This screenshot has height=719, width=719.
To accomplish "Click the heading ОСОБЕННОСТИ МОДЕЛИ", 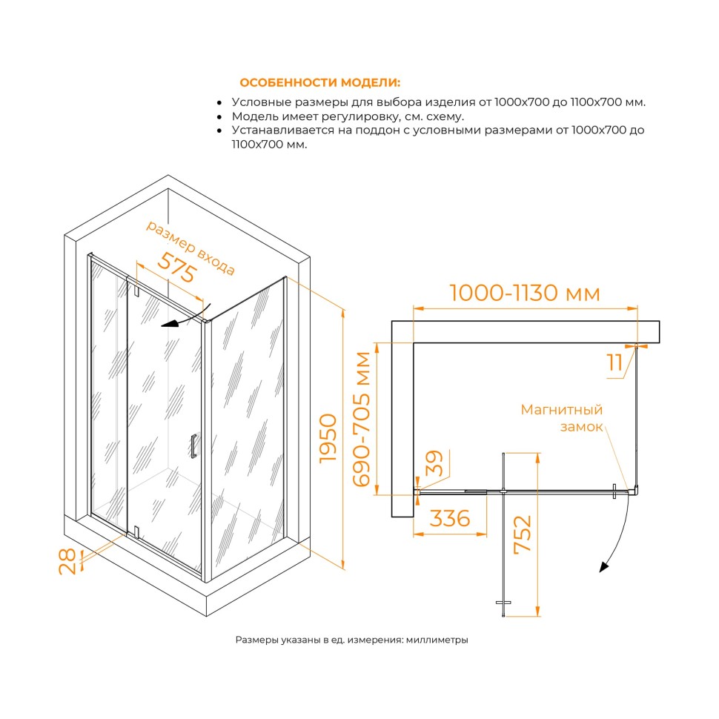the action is pos(319,82).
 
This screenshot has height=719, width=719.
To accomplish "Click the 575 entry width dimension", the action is pos(177,268).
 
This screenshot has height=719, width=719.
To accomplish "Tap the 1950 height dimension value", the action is pos(328,438).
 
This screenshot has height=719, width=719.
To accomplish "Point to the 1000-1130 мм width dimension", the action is pos(525,293).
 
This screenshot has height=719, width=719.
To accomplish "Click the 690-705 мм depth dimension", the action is pos(362,419).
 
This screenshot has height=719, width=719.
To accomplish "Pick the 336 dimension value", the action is pos(450,518).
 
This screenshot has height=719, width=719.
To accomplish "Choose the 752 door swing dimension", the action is pos(523,535).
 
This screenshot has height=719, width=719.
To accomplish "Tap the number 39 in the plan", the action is pos(434,463).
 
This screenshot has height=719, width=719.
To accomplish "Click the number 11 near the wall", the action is pos(615,362).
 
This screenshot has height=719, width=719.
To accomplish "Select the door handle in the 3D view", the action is pos(193,446).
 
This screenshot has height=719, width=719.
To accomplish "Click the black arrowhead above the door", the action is pos(169,324).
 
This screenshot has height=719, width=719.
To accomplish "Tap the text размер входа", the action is pos(190,248).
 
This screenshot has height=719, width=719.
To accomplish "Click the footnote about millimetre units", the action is pos(351,640).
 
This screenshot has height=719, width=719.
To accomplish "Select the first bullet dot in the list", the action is pos(219,103).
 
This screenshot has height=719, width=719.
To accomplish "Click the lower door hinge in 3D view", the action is pos(136,532).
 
